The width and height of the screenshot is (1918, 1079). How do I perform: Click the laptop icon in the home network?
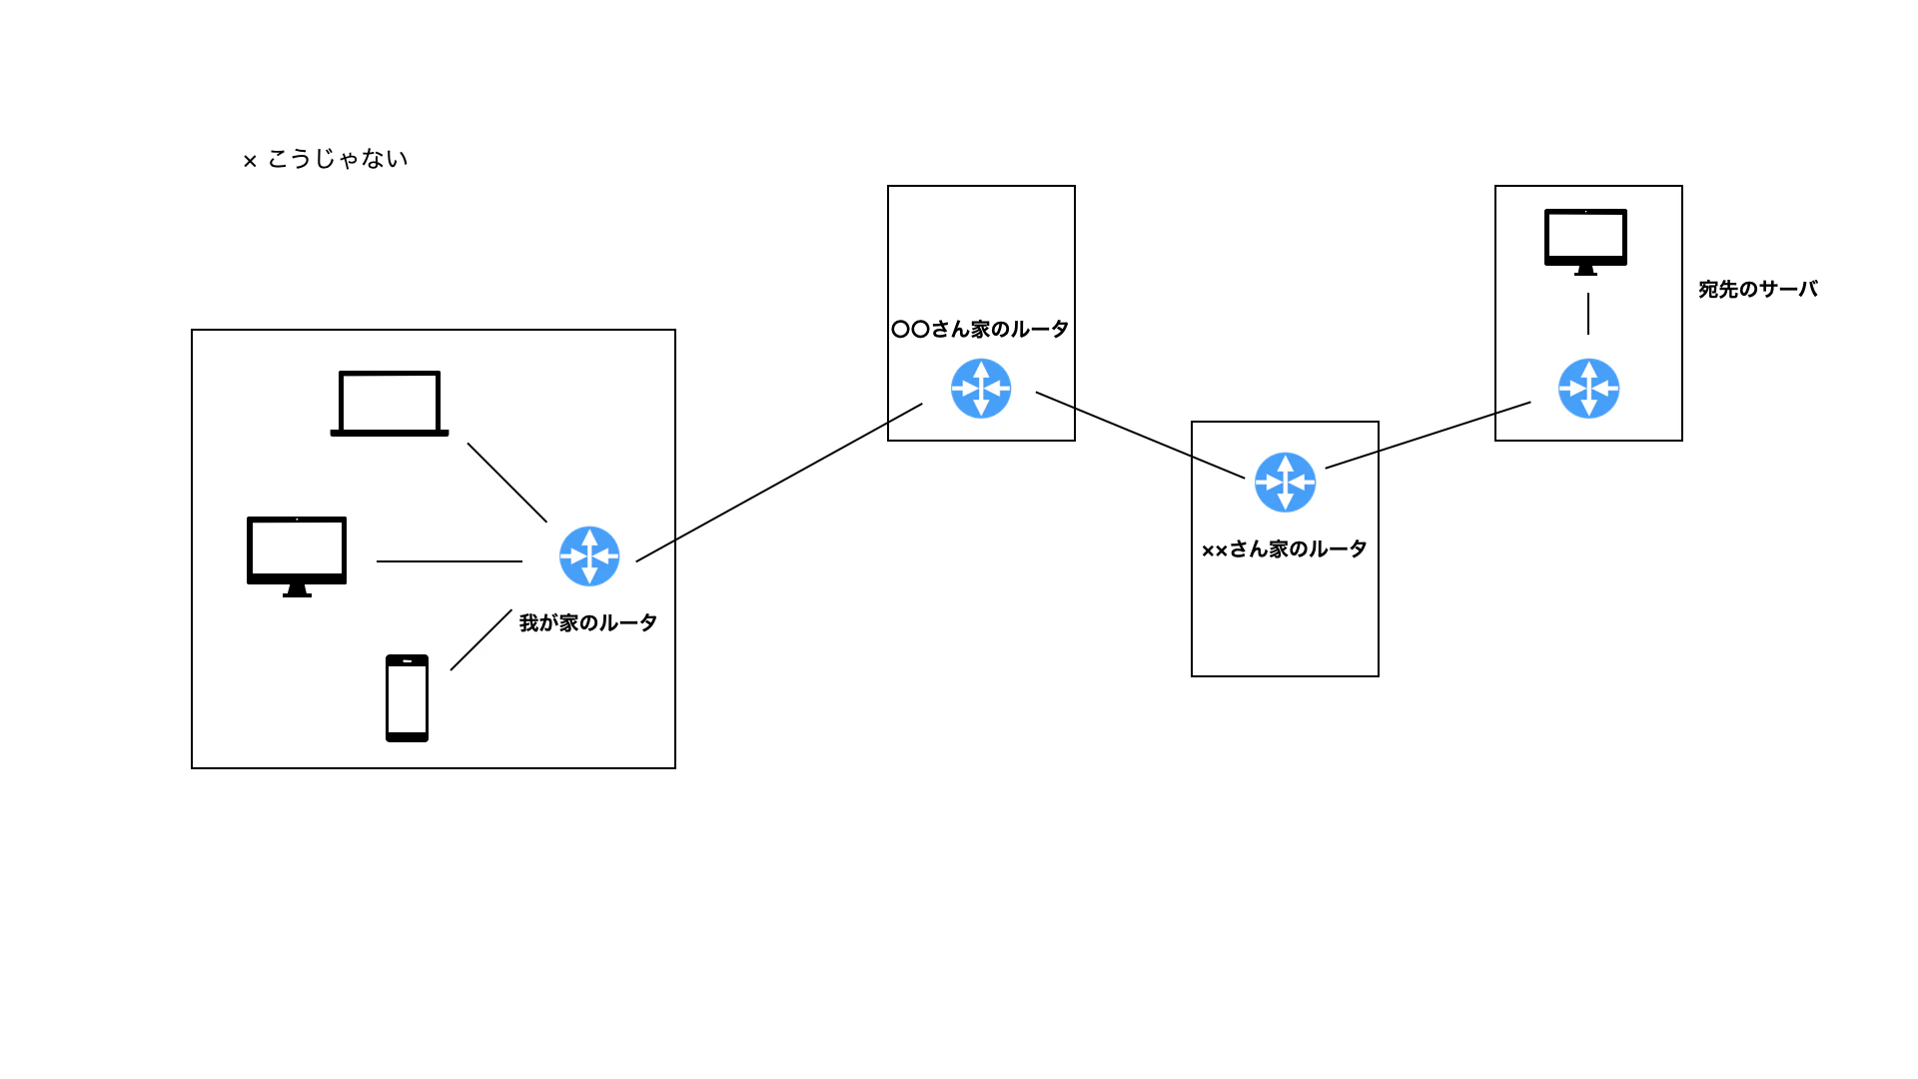390,404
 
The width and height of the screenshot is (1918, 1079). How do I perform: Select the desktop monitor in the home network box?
297,556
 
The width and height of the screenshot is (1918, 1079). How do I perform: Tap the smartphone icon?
407,698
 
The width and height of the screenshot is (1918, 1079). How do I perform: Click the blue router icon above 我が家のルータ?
589,556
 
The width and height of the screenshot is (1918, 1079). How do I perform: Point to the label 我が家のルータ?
588,623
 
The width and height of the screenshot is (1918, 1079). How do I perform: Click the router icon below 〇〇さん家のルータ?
981,389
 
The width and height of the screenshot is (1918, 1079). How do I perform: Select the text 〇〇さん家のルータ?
980,330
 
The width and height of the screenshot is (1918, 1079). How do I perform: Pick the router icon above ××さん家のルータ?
1285,483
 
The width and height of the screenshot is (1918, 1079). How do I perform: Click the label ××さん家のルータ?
1285,549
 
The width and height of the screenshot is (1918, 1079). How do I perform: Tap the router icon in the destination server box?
1588,389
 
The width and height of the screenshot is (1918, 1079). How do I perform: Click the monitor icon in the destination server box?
1585,242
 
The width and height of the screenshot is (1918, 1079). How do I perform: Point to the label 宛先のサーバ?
1758,290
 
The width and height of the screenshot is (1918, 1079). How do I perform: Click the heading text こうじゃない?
338,159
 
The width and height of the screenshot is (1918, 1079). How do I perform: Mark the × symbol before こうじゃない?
250,161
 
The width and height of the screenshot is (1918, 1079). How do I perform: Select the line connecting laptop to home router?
507,483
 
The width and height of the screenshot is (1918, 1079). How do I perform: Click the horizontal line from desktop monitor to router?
450,561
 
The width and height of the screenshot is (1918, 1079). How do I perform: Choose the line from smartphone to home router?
481,639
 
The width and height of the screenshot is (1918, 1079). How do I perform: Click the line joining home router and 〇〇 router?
779,483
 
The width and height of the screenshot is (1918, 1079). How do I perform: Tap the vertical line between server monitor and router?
1588,314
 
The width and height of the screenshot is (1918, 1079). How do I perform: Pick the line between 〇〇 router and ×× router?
1140,435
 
